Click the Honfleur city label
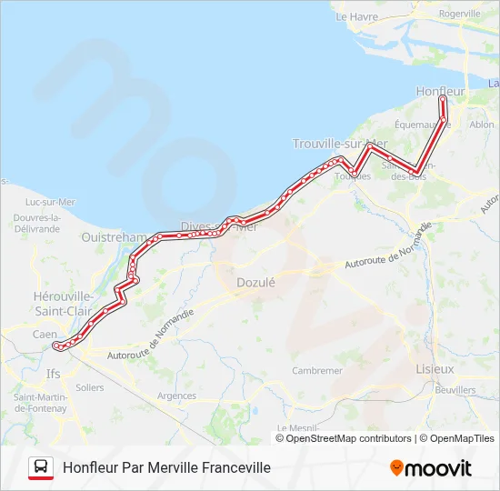[x=440, y=92]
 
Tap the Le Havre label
[x=355, y=16]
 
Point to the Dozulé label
[x=255, y=283]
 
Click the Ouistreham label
[x=114, y=237]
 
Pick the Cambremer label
[x=317, y=371]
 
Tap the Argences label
[x=176, y=396]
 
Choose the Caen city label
[x=45, y=335]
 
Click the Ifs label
[x=54, y=373]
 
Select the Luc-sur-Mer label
[x=51, y=202]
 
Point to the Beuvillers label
[x=455, y=389]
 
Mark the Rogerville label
[x=459, y=15]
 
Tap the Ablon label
[x=482, y=125]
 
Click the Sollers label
[x=90, y=387]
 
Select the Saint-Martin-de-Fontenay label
[x=40, y=403]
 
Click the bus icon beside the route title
[x=41, y=467]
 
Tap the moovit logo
[x=431, y=468]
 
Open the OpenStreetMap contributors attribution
[x=348, y=438]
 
